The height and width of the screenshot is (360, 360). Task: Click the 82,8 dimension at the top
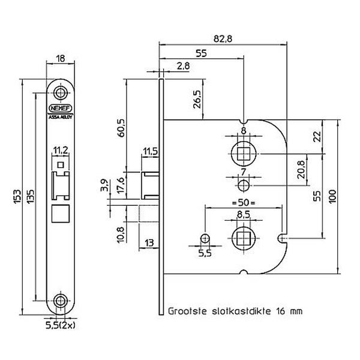pyautogui.click(x=223, y=39)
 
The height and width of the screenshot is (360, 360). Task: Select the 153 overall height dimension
pyautogui.click(x=17, y=197)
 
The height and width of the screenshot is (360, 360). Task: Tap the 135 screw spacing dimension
pyautogui.click(x=31, y=196)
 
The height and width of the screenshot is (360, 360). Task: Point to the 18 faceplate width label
pyautogui.click(x=61, y=59)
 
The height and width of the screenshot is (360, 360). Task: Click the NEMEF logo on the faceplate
pyautogui.click(x=61, y=108)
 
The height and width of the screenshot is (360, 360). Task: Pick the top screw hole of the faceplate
pyautogui.click(x=61, y=93)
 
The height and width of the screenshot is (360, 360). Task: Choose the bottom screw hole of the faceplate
pyautogui.click(x=61, y=301)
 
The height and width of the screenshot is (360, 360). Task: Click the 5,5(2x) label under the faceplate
pyautogui.click(x=61, y=325)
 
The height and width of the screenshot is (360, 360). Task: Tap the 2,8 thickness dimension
pyautogui.click(x=184, y=66)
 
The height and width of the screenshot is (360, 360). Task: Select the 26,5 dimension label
pyautogui.click(x=197, y=99)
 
